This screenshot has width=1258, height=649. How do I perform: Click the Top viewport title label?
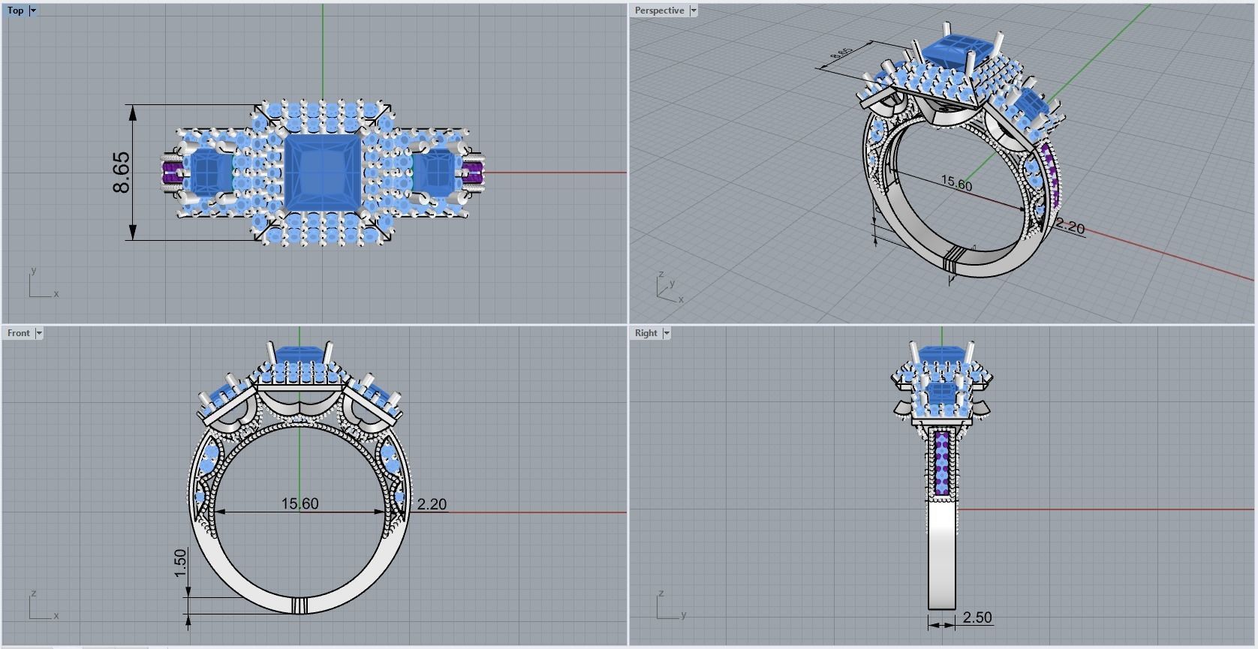pyautogui.click(x=15, y=11)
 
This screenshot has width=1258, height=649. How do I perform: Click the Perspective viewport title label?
pyautogui.click(x=659, y=11)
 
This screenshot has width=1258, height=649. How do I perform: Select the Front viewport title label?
pyautogui.click(x=19, y=333)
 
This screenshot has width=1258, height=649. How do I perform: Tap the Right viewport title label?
pyautogui.click(x=646, y=333)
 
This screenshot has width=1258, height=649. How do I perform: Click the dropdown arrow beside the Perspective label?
pyautogui.click(x=694, y=11)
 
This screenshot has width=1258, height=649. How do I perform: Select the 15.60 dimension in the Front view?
pyautogui.click(x=299, y=503)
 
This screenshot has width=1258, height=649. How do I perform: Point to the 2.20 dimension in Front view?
pyautogui.click(x=432, y=504)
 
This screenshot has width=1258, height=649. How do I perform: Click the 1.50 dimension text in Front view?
pyautogui.click(x=180, y=563)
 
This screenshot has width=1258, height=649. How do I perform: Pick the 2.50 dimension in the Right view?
pyautogui.click(x=977, y=617)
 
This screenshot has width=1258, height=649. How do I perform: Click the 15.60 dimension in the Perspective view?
pyautogui.click(x=956, y=183)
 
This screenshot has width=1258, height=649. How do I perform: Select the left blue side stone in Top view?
pyautogui.click(x=209, y=172)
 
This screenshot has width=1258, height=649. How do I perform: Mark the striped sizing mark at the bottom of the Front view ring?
pyautogui.click(x=299, y=605)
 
